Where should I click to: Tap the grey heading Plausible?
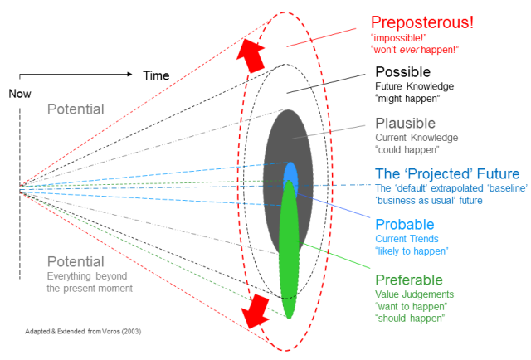click(x=406, y=124)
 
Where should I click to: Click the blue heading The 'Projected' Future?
click(x=447, y=174)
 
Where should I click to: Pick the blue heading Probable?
click(x=404, y=225)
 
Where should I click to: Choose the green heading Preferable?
click(x=409, y=280)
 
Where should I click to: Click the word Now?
click(x=20, y=94)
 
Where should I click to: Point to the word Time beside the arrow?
click(x=157, y=75)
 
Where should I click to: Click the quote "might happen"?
click(x=407, y=99)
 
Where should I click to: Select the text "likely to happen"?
click(x=412, y=251)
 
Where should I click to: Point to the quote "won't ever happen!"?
click(x=414, y=50)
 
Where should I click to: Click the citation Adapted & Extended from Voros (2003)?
click(x=82, y=331)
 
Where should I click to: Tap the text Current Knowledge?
click(x=417, y=138)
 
